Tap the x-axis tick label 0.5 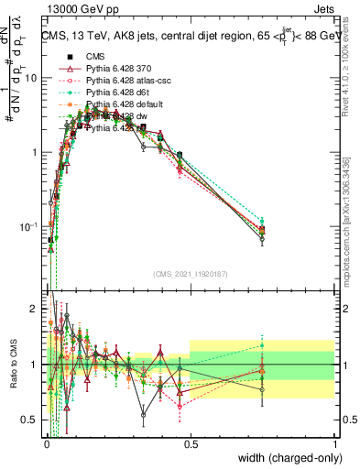pos(191,443)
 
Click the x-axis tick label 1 pos(336,443)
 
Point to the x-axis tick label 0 pos(46,443)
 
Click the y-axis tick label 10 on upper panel pos(31,78)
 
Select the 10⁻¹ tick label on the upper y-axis pos(29,226)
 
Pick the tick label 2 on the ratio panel pos(36,309)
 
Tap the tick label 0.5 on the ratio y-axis pos(31,420)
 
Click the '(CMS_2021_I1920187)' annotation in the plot pos(191,274)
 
